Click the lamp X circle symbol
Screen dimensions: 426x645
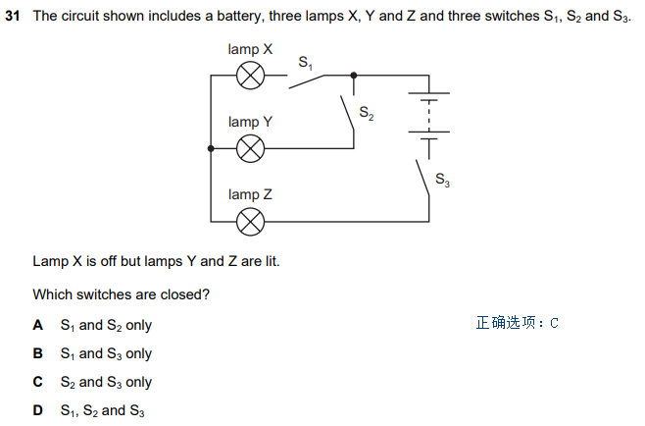tap(252, 74)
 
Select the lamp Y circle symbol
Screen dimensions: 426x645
tap(252, 148)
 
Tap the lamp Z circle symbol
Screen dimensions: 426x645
tap(252, 222)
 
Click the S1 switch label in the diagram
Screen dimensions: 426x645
tap(305, 63)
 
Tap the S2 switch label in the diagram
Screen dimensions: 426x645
tap(366, 113)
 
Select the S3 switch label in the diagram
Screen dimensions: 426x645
tap(442, 181)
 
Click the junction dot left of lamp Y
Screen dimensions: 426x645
tap(211, 148)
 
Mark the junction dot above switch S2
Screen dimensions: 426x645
tap(354, 74)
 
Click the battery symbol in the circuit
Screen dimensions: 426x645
tap(428, 118)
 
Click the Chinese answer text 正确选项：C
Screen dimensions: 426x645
tap(517, 323)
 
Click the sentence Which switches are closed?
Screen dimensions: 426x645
tap(122, 293)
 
